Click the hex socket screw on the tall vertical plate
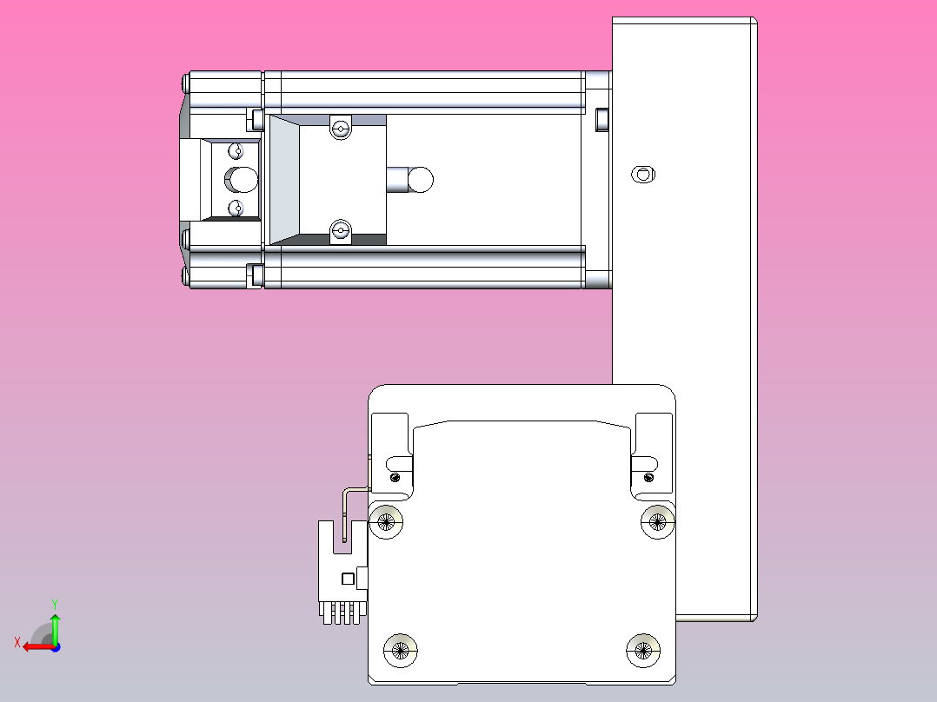point(642,174)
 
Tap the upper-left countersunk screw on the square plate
point(387,521)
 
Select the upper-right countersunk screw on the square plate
point(657,521)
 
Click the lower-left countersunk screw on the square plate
point(401,649)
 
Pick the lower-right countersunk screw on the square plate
point(644,649)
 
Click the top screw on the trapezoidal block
point(340,129)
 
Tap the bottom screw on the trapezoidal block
point(340,231)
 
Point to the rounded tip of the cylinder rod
point(422,180)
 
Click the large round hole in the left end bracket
point(243,180)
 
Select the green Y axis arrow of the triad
point(55,624)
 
